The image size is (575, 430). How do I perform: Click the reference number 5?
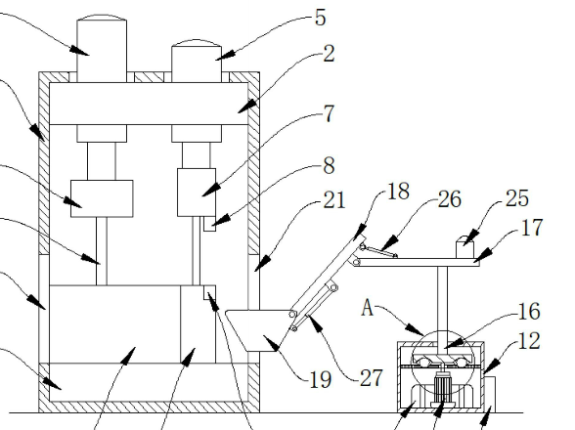(320, 18)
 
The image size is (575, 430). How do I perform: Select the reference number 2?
(329, 54)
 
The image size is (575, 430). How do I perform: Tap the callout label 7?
(329, 113)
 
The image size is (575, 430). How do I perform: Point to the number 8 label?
(329, 166)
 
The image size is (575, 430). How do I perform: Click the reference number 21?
(334, 200)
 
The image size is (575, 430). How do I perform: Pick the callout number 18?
(398, 191)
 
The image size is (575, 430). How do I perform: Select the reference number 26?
(450, 199)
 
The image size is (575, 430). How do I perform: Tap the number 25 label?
(517, 198)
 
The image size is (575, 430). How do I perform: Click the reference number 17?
(531, 228)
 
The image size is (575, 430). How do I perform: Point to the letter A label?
(367, 308)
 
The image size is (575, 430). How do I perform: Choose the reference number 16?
(529, 312)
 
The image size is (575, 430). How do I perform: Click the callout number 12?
(529, 341)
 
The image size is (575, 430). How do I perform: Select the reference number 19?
(321, 380)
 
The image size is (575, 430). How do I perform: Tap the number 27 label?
(372, 378)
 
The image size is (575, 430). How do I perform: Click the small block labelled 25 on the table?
(465, 249)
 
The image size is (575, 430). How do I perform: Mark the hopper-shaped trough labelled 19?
(256, 330)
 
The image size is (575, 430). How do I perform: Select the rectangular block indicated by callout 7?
(197, 193)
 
